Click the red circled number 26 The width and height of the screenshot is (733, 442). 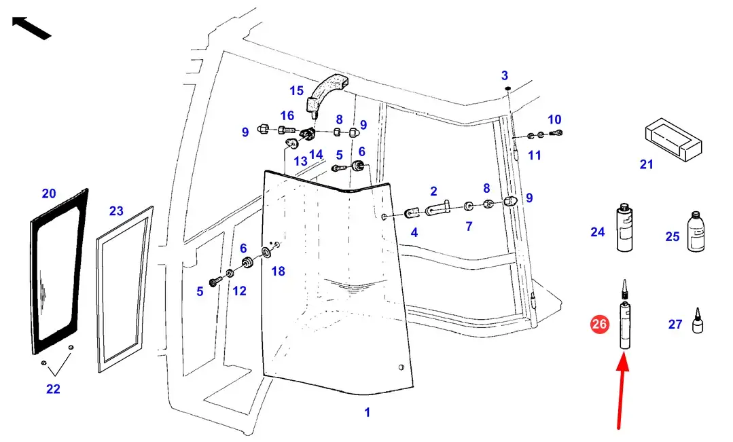click(x=599, y=324)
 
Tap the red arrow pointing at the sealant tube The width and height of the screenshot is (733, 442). click(x=622, y=391)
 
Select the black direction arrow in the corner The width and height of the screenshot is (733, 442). click(x=31, y=28)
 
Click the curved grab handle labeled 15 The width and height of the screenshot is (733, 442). click(x=326, y=96)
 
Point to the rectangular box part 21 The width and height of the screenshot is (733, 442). click(x=673, y=140)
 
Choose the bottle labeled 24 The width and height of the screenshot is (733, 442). click(x=624, y=227)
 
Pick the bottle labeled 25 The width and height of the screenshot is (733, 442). click(x=696, y=232)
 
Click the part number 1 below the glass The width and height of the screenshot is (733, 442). click(x=367, y=412)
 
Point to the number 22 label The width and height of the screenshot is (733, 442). click(x=53, y=389)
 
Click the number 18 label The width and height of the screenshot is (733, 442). click(x=278, y=271)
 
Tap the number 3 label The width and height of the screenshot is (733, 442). click(x=505, y=75)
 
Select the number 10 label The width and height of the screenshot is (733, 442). click(x=554, y=119)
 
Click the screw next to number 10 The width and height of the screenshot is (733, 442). click(x=556, y=133)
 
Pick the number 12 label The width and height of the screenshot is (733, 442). click(x=239, y=291)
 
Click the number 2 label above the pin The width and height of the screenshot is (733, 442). click(x=433, y=191)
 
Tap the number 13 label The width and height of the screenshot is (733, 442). click(x=300, y=161)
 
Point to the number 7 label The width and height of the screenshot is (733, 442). click(x=469, y=226)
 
